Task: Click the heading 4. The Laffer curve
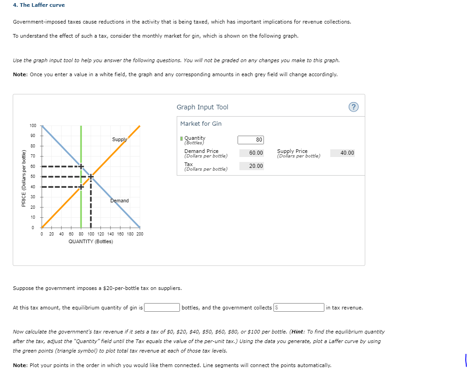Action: click(39, 5)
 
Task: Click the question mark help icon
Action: click(353, 107)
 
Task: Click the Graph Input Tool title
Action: click(202, 107)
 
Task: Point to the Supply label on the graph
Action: click(119, 139)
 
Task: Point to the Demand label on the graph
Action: click(119, 201)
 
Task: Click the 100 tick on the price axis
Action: click(33, 126)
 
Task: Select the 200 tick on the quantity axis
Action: click(139, 234)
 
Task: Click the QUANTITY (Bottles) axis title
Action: click(90, 241)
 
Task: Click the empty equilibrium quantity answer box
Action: click(162, 308)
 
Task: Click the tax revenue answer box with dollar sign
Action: click(299, 308)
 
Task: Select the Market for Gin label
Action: click(201, 123)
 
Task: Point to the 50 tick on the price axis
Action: click(33, 177)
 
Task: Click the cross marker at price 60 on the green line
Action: click(81, 167)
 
